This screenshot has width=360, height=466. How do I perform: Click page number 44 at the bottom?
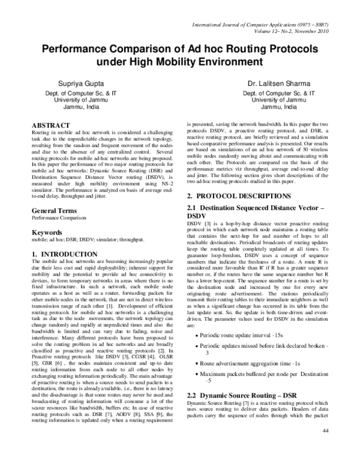coord(326,448)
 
